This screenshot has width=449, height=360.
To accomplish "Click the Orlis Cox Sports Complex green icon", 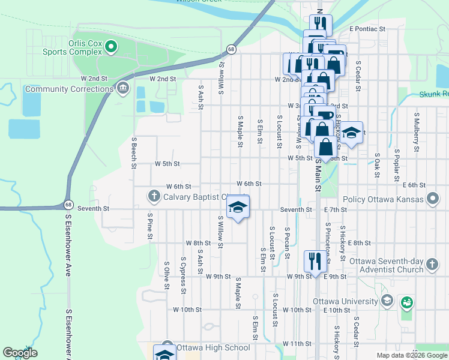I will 111,46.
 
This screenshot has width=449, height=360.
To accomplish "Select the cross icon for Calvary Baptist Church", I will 154,196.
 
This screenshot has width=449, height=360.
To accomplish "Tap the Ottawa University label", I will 346,301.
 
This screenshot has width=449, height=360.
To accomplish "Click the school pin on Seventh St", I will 238,208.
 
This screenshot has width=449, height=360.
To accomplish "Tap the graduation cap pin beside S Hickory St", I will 352,133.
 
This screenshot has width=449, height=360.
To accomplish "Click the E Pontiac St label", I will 367,28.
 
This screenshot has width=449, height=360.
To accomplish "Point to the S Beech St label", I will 134,152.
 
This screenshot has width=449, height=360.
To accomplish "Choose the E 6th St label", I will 414,185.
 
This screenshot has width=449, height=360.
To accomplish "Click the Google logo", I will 20,353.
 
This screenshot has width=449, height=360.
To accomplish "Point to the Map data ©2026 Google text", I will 411,355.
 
